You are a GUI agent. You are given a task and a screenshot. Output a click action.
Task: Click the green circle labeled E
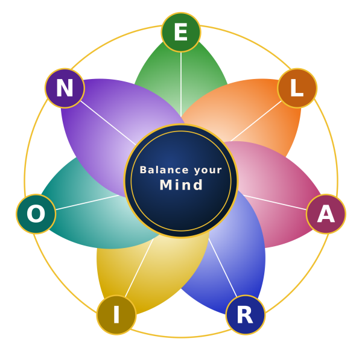[x=181, y=33]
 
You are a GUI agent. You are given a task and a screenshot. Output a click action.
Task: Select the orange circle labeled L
[x=297, y=88]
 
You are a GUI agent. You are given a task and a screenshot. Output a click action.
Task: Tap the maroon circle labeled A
[x=326, y=214]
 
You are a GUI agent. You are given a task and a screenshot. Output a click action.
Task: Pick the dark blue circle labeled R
[x=246, y=315]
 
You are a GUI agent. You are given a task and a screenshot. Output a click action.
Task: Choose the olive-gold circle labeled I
[x=116, y=315]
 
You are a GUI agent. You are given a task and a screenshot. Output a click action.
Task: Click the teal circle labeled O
[x=36, y=214]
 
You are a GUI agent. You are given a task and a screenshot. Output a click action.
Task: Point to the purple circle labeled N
[x=65, y=88]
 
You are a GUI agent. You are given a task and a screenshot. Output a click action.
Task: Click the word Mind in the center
[x=181, y=185]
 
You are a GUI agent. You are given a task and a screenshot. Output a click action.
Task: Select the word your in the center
[x=208, y=171]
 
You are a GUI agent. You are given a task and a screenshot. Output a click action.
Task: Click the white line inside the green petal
[x=181, y=84]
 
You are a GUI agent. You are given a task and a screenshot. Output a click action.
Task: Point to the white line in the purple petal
[x=108, y=123]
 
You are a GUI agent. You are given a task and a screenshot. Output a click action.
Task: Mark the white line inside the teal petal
[x=87, y=203]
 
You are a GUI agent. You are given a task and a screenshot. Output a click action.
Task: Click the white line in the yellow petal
[x=139, y=267]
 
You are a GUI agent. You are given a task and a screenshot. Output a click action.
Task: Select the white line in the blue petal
[x=223, y=267]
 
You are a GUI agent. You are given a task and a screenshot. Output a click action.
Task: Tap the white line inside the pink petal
[x=275, y=203]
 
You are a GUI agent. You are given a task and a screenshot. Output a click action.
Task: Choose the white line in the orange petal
[x=256, y=121]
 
